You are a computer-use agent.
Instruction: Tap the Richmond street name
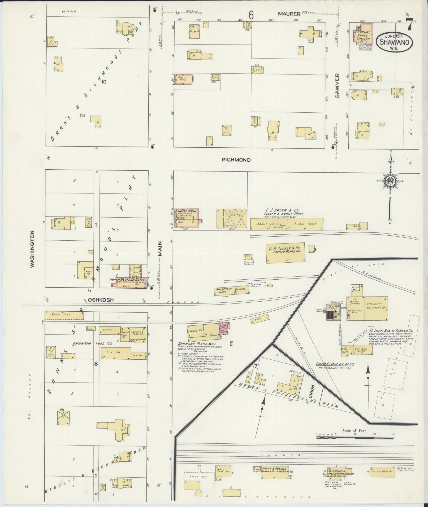click(x=236, y=160)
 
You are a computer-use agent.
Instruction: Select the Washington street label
click(x=33, y=249)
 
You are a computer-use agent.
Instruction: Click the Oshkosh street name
click(x=101, y=300)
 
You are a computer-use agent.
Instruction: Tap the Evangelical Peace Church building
click(x=363, y=33)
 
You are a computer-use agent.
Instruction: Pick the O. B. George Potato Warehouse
click(x=286, y=253)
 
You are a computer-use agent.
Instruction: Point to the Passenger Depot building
click(x=224, y=290)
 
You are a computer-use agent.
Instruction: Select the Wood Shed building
click(x=64, y=315)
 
